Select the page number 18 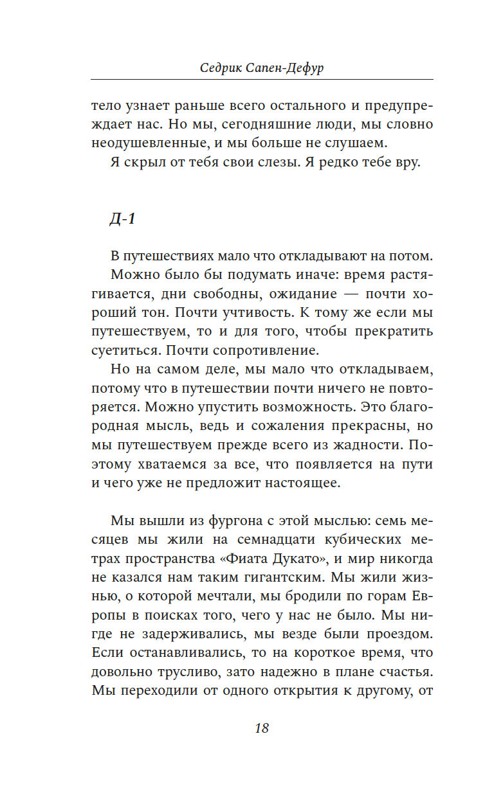click(261, 728)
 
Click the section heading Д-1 click(122, 219)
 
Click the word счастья click(403, 674)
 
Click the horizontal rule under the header click(261, 80)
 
